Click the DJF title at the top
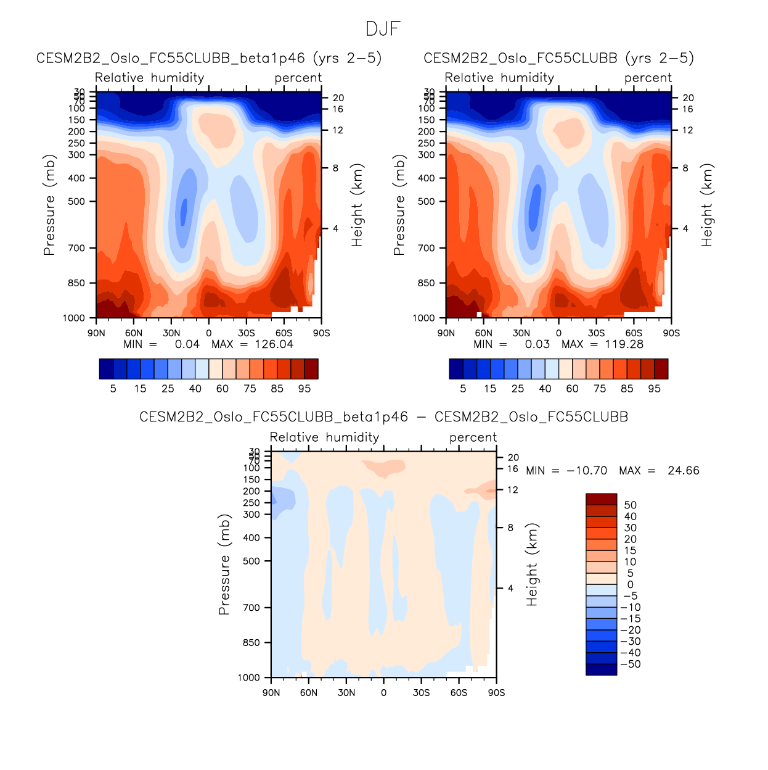[x=383, y=29]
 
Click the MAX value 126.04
[x=274, y=344]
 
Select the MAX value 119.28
[x=624, y=344]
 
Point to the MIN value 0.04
[x=187, y=344]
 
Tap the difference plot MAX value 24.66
[x=683, y=471]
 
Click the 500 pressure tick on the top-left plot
[x=77, y=202]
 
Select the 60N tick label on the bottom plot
[x=308, y=693]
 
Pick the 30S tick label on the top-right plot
[x=596, y=333]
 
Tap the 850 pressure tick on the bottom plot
[x=251, y=643]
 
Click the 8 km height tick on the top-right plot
[x=685, y=168]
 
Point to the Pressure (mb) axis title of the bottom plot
[x=224, y=564]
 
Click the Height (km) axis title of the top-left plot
[x=357, y=205]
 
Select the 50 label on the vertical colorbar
[x=630, y=505]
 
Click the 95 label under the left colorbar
[x=304, y=389]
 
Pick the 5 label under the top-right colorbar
[x=463, y=389]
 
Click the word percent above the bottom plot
[x=473, y=437]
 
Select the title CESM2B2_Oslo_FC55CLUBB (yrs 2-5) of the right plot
[x=558, y=58]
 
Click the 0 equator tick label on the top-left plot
[x=209, y=333]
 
